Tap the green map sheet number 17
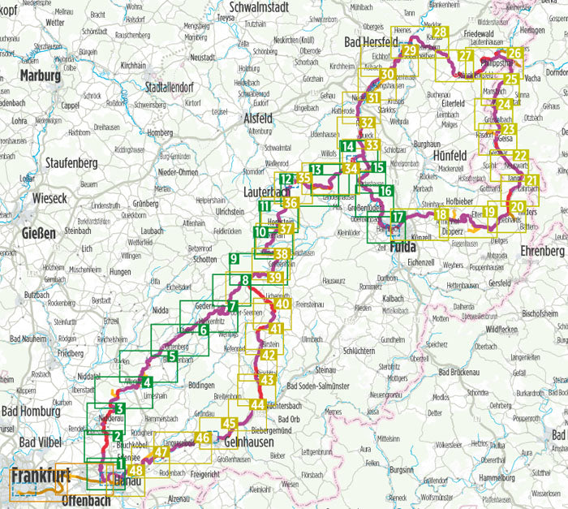398,217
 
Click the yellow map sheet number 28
440,32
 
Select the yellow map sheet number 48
136,470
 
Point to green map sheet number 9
234,259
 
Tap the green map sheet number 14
349,147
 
